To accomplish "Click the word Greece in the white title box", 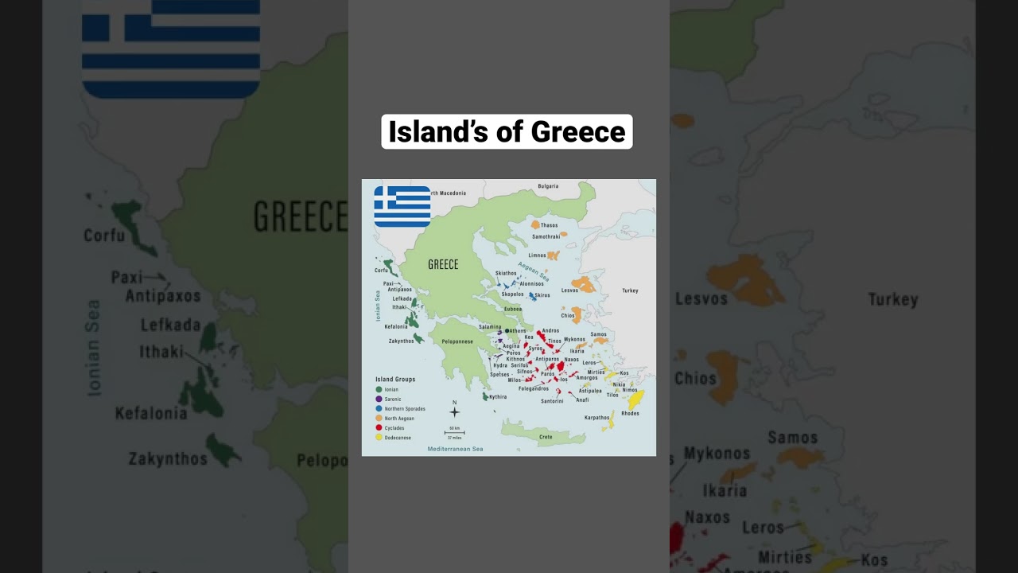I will tap(578, 132).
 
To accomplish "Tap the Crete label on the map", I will tap(546, 437).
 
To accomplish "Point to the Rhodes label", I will tap(630, 414).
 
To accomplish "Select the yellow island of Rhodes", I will tap(635, 400).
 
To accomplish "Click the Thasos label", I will tap(550, 225).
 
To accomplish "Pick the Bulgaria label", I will tap(548, 186).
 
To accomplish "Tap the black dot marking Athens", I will tap(507, 330).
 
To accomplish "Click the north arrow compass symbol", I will tap(454, 411).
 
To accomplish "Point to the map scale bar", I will tap(454, 433).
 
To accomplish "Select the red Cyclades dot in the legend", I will tap(379, 428).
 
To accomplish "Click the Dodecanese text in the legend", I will tap(398, 438).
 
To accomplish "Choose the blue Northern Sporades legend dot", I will tap(379, 409).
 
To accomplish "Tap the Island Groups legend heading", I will tap(395, 380).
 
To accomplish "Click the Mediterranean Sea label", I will tap(455, 449).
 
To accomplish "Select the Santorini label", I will tap(552, 401).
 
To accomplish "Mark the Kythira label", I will tap(498, 396).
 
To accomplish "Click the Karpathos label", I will tap(596, 417).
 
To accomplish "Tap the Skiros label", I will tap(542, 295).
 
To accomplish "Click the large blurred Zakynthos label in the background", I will tap(168, 459).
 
